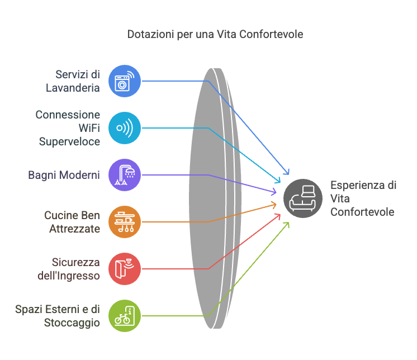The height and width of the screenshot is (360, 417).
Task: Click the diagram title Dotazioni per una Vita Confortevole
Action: coord(215,34)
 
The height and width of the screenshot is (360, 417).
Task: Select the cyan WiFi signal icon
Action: coord(125,128)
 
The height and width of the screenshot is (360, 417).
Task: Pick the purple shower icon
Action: coord(125,175)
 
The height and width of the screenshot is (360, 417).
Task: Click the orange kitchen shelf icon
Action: coord(125,222)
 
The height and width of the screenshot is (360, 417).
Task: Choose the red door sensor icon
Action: coord(125,269)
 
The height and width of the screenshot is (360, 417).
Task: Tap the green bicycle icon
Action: coord(125,316)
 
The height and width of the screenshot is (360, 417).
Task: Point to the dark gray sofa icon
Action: coord(303,198)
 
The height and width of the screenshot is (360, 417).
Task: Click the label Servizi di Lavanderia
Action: coord(73,81)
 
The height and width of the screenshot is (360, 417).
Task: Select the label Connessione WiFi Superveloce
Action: coord(68,128)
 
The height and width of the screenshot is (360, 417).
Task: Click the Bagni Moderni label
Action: coord(64,175)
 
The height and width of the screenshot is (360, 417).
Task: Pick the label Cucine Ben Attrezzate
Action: coord(72,222)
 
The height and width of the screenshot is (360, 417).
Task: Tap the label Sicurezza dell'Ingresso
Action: coord(69,269)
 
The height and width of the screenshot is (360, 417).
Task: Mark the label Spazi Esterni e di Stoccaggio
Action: coord(58,316)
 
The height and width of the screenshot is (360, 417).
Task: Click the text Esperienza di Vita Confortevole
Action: coord(363,198)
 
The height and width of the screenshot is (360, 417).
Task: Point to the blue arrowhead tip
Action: coord(288,174)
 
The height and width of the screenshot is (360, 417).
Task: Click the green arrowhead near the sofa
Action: coord(289,222)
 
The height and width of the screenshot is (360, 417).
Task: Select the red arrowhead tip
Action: coord(280,214)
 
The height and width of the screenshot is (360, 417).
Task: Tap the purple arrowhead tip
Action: coord(276,192)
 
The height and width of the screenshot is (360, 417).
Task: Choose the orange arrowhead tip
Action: coord(276,205)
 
